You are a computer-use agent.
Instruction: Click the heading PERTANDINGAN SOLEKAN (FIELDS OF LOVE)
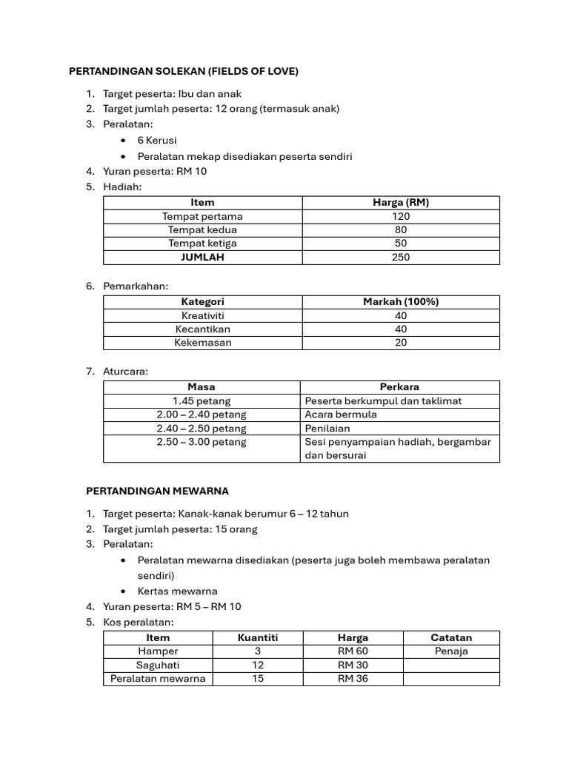(x=183, y=72)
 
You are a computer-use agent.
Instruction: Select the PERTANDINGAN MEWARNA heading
(x=157, y=491)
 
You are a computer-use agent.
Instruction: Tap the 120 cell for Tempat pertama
(x=401, y=216)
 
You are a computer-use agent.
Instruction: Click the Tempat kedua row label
(x=202, y=229)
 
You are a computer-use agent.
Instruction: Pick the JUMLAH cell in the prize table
(x=202, y=258)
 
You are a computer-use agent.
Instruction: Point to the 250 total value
(x=401, y=258)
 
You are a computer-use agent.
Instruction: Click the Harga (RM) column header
(x=401, y=202)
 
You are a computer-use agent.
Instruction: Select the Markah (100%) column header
(x=401, y=302)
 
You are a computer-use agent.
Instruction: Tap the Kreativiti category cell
(x=202, y=315)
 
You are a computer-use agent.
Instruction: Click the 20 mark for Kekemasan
(x=401, y=343)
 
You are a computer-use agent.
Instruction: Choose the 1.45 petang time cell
(x=202, y=400)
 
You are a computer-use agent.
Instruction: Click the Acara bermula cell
(x=341, y=415)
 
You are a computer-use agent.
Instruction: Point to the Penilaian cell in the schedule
(x=327, y=428)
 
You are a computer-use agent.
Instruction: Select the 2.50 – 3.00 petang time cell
(x=202, y=442)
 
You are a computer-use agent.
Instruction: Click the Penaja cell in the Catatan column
(x=451, y=651)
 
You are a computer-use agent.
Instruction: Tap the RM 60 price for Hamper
(x=353, y=651)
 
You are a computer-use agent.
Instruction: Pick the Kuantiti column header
(x=258, y=637)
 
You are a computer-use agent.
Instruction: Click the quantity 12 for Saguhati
(x=258, y=665)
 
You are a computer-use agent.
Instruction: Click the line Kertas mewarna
(x=178, y=591)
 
